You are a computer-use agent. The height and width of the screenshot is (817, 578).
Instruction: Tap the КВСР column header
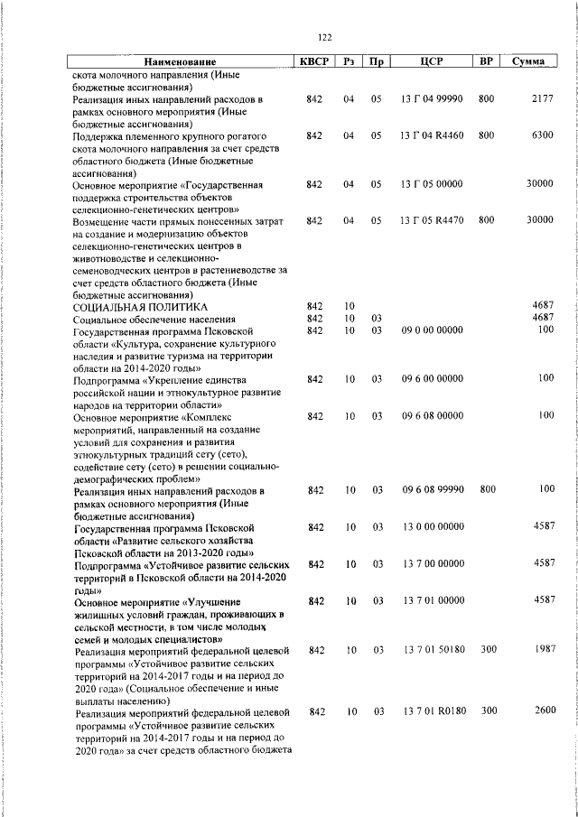click(314, 62)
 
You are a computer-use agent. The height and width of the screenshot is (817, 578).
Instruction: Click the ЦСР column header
click(430, 62)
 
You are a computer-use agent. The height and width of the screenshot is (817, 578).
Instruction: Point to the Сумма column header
click(527, 62)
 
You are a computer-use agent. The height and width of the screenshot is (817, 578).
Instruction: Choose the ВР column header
click(486, 62)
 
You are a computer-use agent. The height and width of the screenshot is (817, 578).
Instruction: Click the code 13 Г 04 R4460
click(431, 135)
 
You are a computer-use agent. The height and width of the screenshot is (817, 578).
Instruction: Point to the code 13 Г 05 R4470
click(431, 220)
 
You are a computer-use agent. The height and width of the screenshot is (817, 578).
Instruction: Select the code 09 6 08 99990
click(431, 489)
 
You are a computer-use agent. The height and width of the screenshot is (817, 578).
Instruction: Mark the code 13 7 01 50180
click(431, 650)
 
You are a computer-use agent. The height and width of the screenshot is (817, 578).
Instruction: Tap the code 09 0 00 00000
click(431, 331)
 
